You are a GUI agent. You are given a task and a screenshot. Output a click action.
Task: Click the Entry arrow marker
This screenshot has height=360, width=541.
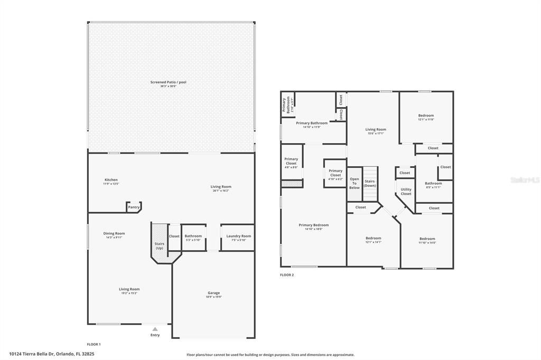[x=155, y=329]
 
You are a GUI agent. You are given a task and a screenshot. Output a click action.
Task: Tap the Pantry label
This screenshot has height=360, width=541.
[x=134, y=207]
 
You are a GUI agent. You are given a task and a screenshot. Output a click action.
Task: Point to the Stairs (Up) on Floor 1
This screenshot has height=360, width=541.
[x=159, y=245]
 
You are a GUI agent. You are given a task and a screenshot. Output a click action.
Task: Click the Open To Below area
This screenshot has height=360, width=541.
[x=354, y=183]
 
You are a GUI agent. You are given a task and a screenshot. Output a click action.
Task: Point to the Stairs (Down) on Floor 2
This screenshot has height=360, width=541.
[x=370, y=183]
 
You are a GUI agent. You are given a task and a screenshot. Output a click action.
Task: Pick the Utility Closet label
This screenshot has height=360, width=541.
[x=406, y=191]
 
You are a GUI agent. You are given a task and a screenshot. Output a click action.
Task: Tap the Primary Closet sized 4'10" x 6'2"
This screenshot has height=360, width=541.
[x=335, y=173]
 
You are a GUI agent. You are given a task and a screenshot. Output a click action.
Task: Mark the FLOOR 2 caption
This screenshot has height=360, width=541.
[x=287, y=275]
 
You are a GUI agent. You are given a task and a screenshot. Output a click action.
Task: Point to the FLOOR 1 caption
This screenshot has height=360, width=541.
[x=94, y=344]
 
